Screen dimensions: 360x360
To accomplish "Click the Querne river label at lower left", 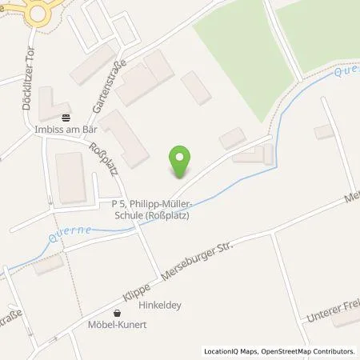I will point(64,233).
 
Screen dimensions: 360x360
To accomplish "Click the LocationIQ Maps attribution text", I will point(230,351).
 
